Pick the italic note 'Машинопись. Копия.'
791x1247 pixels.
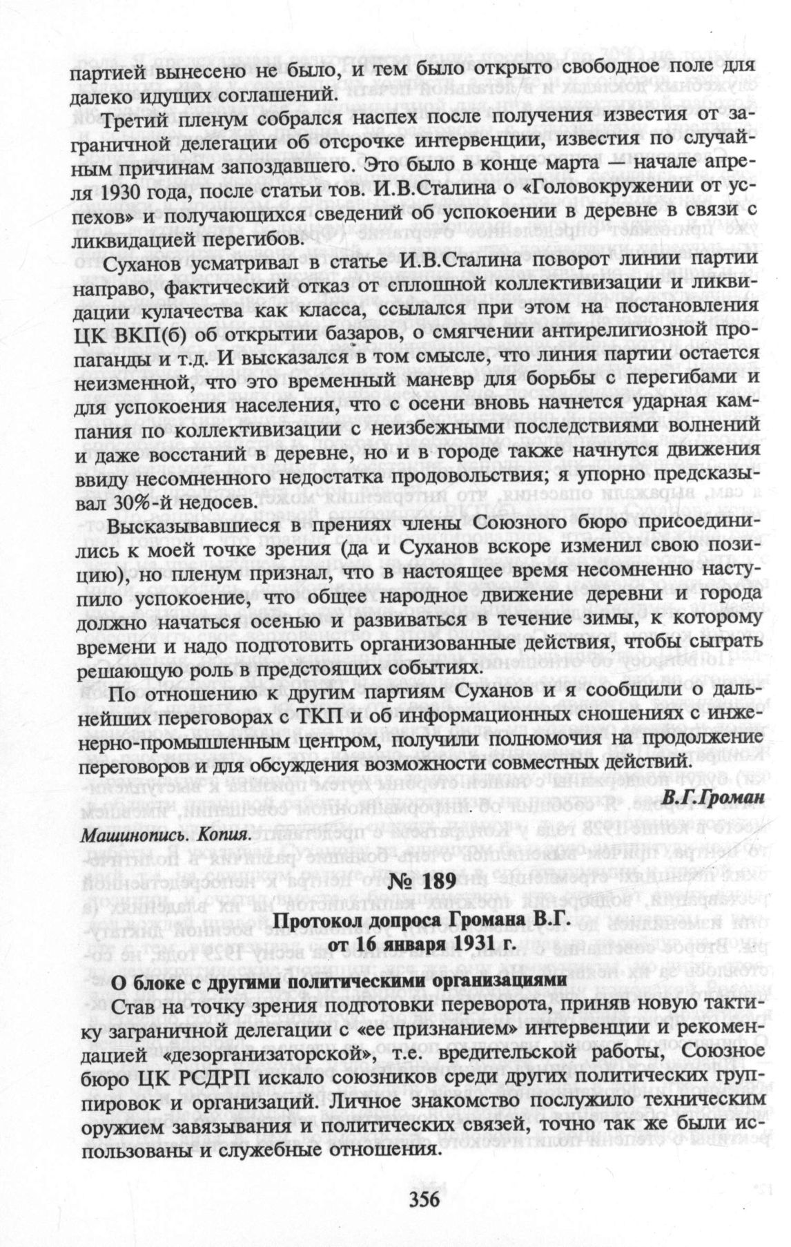166,834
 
